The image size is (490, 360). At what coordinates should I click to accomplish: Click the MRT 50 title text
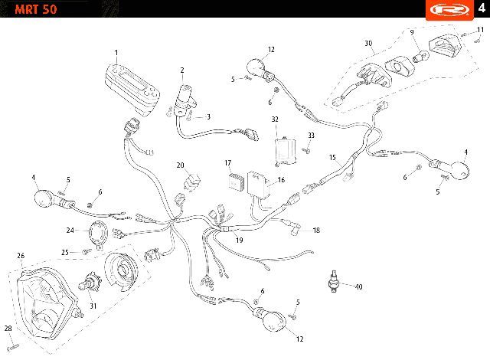pyautogui.click(x=36, y=9)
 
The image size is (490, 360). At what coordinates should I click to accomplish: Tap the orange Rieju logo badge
pyautogui.click(x=449, y=10)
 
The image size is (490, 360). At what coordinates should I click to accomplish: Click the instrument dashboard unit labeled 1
pyautogui.click(x=132, y=90)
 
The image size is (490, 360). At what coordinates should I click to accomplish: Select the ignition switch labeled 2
pyautogui.click(x=185, y=100)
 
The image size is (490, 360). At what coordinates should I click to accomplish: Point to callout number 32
pyautogui.click(x=275, y=119)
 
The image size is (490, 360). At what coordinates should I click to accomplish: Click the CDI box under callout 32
pyautogui.click(x=286, y=151)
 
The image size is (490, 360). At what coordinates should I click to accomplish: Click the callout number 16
pyautogui.click(x=281, y=180)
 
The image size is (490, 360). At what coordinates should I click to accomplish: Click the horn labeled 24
pyautogui.click(x=99, y=235)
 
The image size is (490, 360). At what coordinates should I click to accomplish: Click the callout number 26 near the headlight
pyautogui.click(x=21, y=256)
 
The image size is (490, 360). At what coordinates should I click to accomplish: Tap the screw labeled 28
pyautogui.click(x=13, y=347)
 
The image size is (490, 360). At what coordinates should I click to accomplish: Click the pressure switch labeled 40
pyautogui.click(x=335, y=281)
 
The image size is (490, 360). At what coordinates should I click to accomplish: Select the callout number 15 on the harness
pyautogui.click(x=332, y=157)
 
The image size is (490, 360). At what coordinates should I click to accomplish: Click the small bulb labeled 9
pyautogui.click(x=420, y=57)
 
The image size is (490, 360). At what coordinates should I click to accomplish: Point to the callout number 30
pyautogui.click(x=368, y=43)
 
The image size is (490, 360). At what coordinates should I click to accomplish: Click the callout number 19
pyautogui.click(x=239, y=240)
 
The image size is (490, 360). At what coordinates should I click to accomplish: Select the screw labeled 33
pyautogui.click(x=305, y=151)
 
